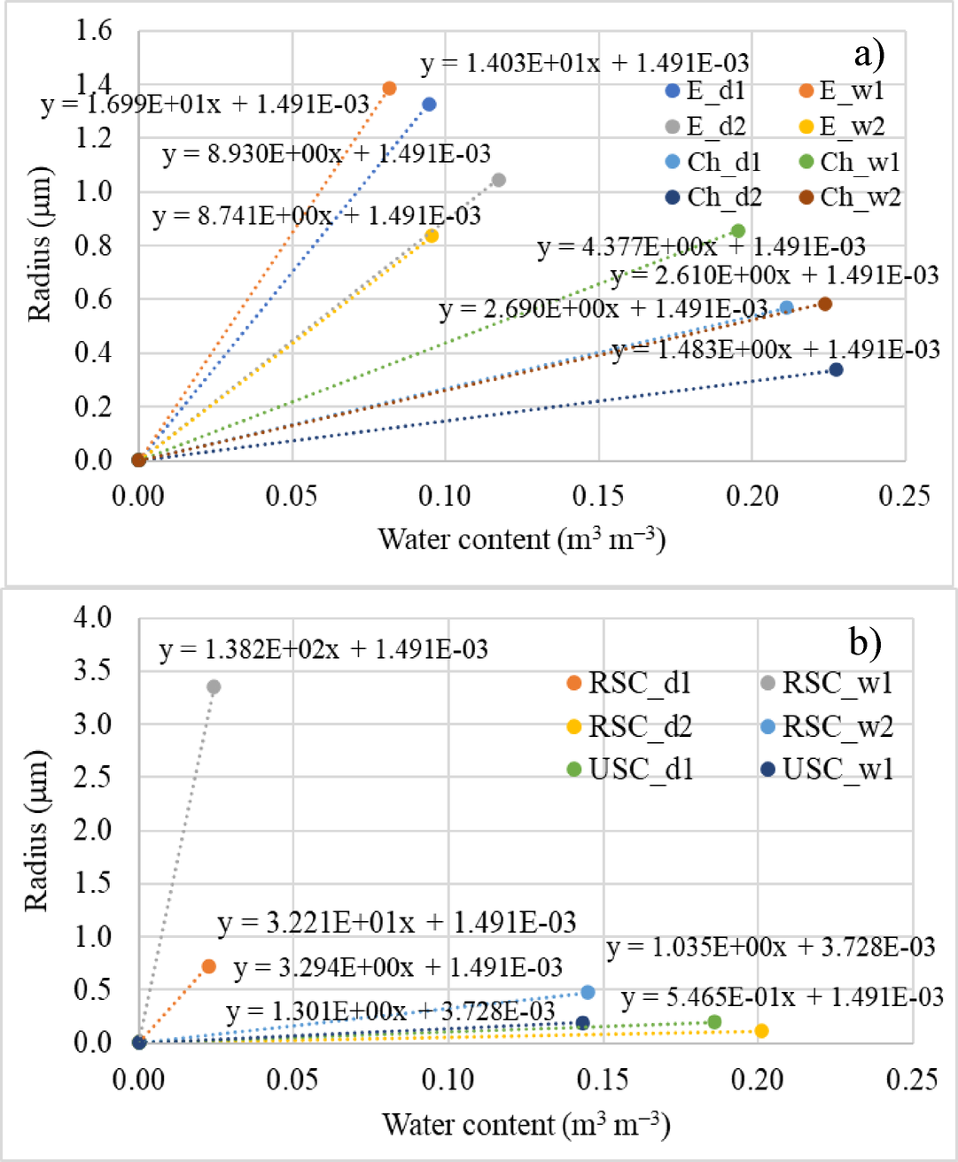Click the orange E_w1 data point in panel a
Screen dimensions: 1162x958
(389, 88)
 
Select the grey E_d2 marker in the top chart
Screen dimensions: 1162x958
(499, 180)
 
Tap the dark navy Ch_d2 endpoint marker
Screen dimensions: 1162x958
(836, 369)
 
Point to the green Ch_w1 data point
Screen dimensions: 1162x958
(738, 231)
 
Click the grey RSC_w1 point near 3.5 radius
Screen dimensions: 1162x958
(214, 686)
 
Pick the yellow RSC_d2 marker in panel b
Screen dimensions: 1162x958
(761, 1030)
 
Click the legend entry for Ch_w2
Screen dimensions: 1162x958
(850, 197)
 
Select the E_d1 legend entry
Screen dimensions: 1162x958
(705, 90)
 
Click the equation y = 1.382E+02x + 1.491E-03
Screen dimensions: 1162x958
(323, 649)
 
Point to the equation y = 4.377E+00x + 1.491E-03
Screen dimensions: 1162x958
(701, 246)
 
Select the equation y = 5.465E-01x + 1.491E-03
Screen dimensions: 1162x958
(783, 997)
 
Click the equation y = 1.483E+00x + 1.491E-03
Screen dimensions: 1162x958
(775, 350)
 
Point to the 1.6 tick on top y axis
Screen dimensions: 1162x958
(94, 30)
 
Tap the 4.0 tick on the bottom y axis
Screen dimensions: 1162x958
(92, 616)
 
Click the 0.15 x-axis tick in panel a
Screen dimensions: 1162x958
(598, 496)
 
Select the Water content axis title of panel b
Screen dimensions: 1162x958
(526, 1124)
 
